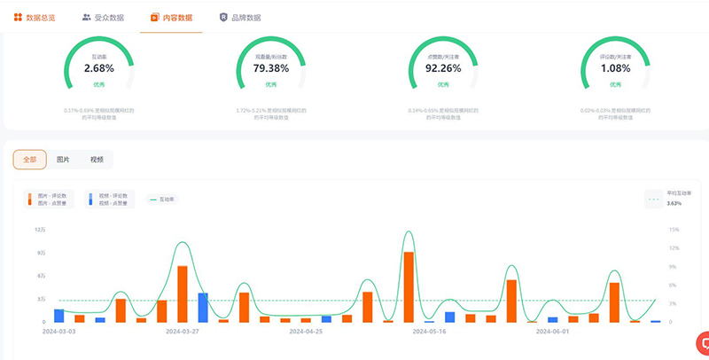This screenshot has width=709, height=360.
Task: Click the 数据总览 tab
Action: coord(34,17)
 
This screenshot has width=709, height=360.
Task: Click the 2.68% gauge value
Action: coord(98,67)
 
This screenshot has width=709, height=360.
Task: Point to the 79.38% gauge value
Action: coord(271,67)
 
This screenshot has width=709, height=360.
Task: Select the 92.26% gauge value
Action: coord(443,67)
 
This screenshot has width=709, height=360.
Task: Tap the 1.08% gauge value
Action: coord(616,67)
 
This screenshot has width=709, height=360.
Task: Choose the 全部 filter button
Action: coord(30,160)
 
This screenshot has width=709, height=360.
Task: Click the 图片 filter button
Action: coord(63,160)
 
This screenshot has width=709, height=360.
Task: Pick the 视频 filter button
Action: coord(97,160)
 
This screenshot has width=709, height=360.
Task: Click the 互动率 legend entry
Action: coord(162,200)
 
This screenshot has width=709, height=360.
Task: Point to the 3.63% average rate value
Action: coord(674,203)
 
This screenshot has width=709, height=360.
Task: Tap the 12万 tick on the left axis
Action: coord(40,230)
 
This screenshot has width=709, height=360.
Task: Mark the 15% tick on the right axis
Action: coord(674,230)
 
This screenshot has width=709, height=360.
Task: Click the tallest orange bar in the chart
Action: coord(409,286)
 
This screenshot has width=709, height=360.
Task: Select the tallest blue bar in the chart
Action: coord(203,307)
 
